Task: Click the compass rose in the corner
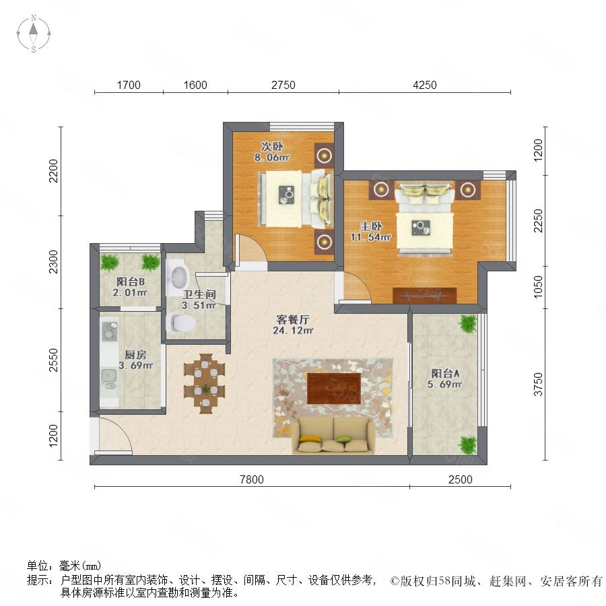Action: pyautogui.click(x=34, y=34)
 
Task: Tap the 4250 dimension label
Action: pyautogui.click(x=424, y=85)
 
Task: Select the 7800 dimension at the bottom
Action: pyautogui.click(x=252, y=479)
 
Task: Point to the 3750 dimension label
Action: pyautogui.click(x=538, y=384)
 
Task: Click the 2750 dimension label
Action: pyautogui.click(x=283, y=85)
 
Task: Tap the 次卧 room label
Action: pyautogui.click(x=272, y=147)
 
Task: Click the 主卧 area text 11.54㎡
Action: pyautogui.click(x=370, y=237)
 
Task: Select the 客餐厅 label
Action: pyautogui.click(x=293, y=320)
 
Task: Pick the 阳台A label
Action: pyautogui.click(x=445, y=373)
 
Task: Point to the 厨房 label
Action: pyautogui.click(x=135, y=354)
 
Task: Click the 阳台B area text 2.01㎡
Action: pyautogui.click(x=130, y=293)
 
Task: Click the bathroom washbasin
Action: pyautogui.click(x=177, y=274)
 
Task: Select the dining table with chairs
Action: pyautogui.click(x=205, y=383)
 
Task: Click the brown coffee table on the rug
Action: pyautogui.click(x=334, y=389)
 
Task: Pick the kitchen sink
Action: pyautogui.click(x=108, y=378)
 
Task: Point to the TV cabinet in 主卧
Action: pyautogui.click(x=424, y=296)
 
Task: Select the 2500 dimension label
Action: pyautogui.click(x=461, y=479)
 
